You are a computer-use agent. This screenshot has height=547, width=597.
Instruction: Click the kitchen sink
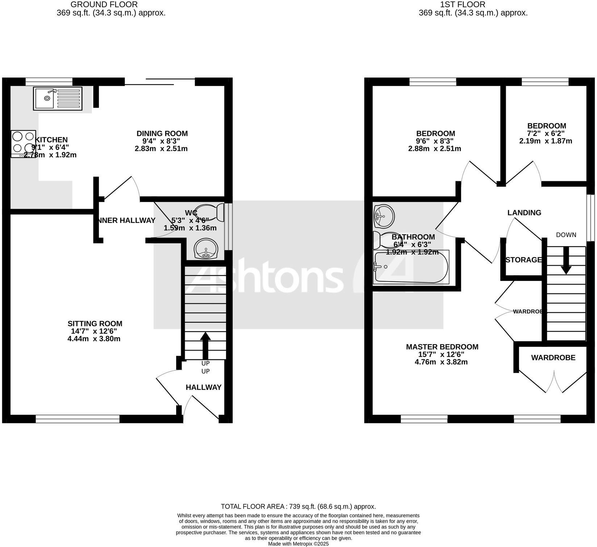click(x=58, y=98)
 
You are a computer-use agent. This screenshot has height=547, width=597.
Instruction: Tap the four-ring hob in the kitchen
click(x=24, y=143)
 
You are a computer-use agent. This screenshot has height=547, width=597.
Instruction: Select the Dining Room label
click(x=162, y=133)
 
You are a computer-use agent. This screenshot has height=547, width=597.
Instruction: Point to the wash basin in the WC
click(x=206, y=249)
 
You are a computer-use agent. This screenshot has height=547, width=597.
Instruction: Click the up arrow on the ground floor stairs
click(x=205, y=344)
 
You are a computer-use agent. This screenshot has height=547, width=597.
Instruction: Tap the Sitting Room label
click(x=95, y=324)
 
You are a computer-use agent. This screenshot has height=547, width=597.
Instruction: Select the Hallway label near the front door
click(x=204, y=387)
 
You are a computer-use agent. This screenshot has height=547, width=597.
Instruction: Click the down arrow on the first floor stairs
click(x=566, y=260)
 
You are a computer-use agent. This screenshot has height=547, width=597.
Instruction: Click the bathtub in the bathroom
click(x=411, y=267)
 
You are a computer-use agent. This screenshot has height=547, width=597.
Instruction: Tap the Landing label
click(x=524, y=213)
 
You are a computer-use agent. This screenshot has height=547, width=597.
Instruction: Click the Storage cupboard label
click(x=523, y=260)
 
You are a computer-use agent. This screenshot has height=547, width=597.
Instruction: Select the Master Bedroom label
click(x=442, y=347)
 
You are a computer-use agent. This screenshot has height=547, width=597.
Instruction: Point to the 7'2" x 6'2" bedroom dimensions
click(x=546, y=133)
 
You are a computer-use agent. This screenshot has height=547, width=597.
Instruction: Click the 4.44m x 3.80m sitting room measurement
click(x=94, y=339)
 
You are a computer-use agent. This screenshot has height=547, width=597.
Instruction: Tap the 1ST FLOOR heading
click(x=462, y=5)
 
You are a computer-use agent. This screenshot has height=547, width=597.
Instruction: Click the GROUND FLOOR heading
click(x=104, y=5)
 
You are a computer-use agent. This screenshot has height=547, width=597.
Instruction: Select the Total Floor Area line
click(x=298, y=506)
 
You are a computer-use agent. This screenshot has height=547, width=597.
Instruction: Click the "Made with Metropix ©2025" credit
click(x=298, y=544)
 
